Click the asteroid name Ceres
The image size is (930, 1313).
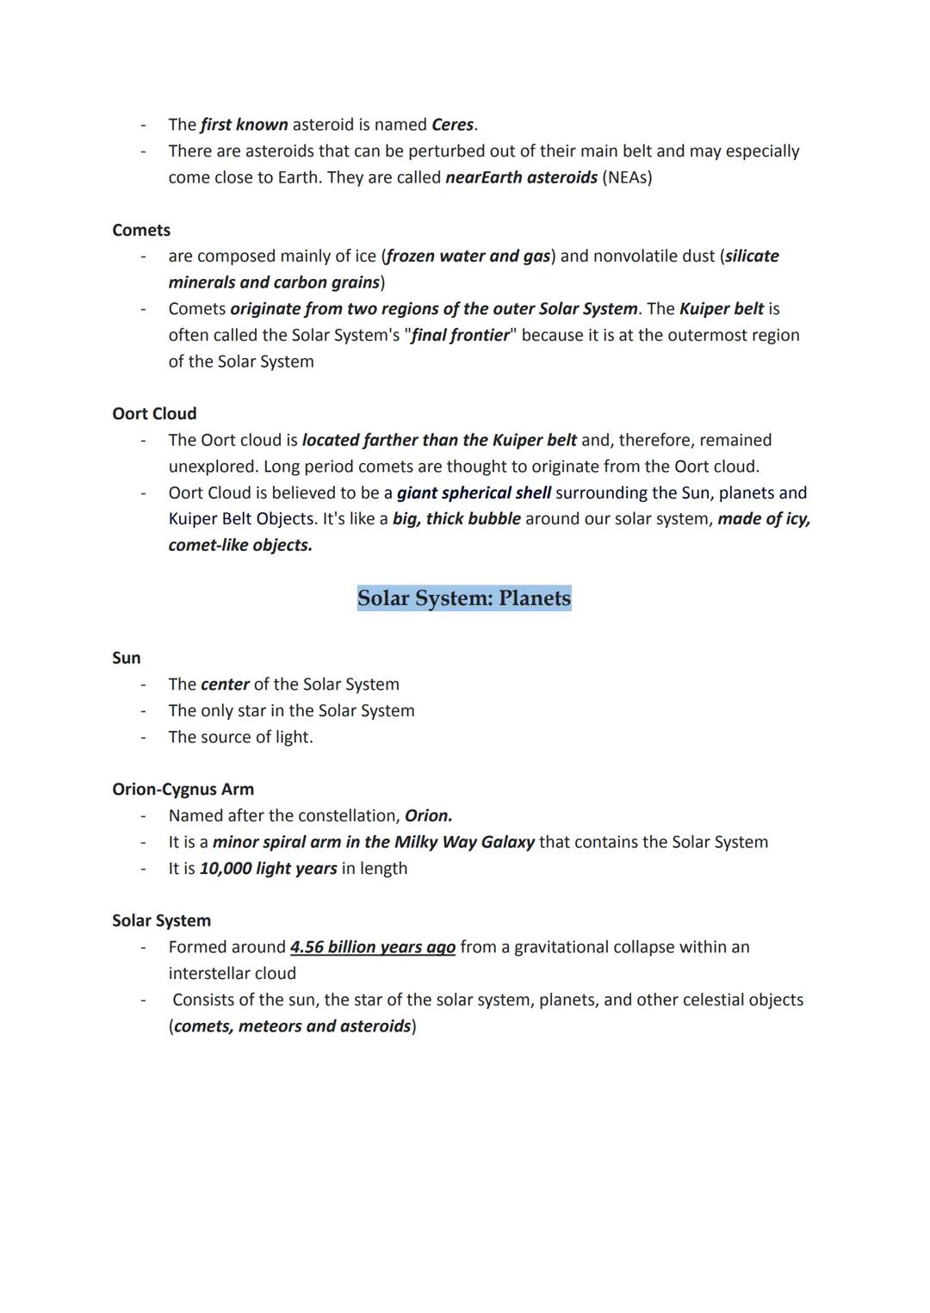click(x=452, y=125)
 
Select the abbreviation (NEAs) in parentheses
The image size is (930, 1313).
click(x=627, y=177)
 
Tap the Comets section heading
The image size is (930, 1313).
click(x=141, y=230)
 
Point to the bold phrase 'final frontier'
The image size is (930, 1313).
click(x=460, y=335)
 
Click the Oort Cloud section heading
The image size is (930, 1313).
click(x=154, y=413)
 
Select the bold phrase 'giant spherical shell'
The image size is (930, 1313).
click(x=474, y=492)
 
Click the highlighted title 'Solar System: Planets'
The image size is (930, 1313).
click(x=464, y=598)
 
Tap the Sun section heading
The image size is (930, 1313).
click(x=127, y=658)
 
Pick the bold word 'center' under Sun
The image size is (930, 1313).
click(x=225, y=684)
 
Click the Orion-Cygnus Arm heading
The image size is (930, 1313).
click(x=183, y=790)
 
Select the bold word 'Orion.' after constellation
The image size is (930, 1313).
click(x=428, y=815)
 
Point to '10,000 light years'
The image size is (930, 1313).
click(x=268, y=868)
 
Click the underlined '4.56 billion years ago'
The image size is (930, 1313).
click(x=373, y=947)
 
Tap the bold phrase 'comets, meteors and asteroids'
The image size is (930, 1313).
click(x=293, y=1026)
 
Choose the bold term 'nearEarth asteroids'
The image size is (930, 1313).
click(x=521, y=177)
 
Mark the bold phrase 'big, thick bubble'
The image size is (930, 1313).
click(x=456, y=519)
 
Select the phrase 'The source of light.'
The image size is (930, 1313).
click(x=240, y=737)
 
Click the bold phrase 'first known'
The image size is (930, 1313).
click(x=244, y=125)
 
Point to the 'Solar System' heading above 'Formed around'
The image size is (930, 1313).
click(x=161, y=920)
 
